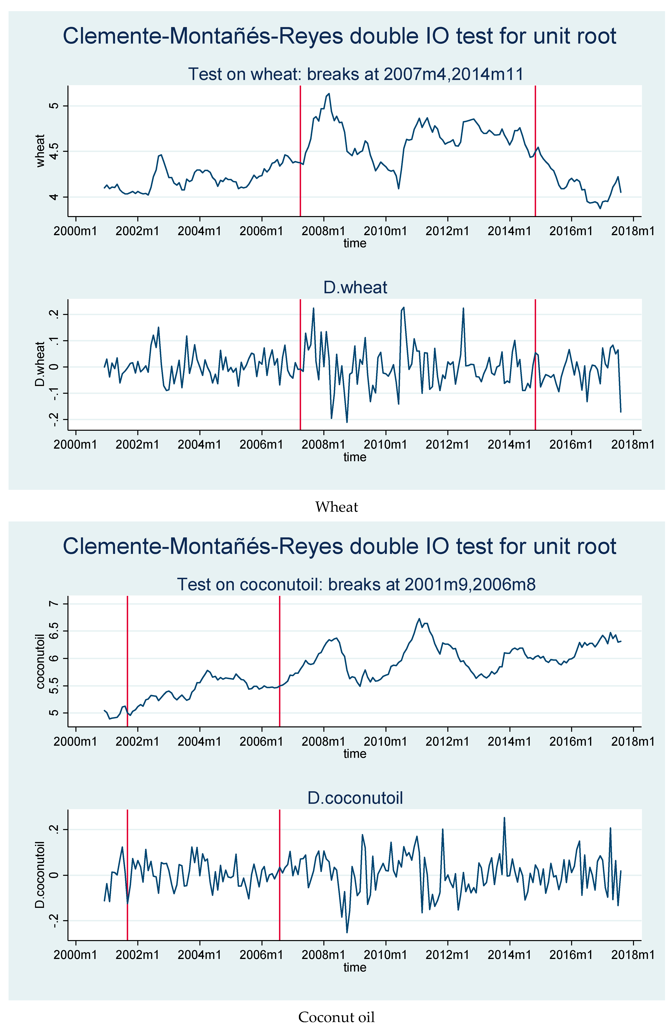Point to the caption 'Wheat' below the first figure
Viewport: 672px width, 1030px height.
pyautogui.click(x=336, y=507)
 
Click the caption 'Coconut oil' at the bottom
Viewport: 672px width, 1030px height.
pyautogui.click(x=336, y=1017)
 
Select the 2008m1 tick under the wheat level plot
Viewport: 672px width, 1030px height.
pyautogui.click(x=323, y=231)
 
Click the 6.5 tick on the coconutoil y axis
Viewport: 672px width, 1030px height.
pyautogui.click(x=53, y=631)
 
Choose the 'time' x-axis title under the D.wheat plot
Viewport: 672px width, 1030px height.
pyautogui.click(x=355, y=457)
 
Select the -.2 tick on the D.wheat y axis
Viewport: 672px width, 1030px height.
pyautogui.click(x=53, y=419)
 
